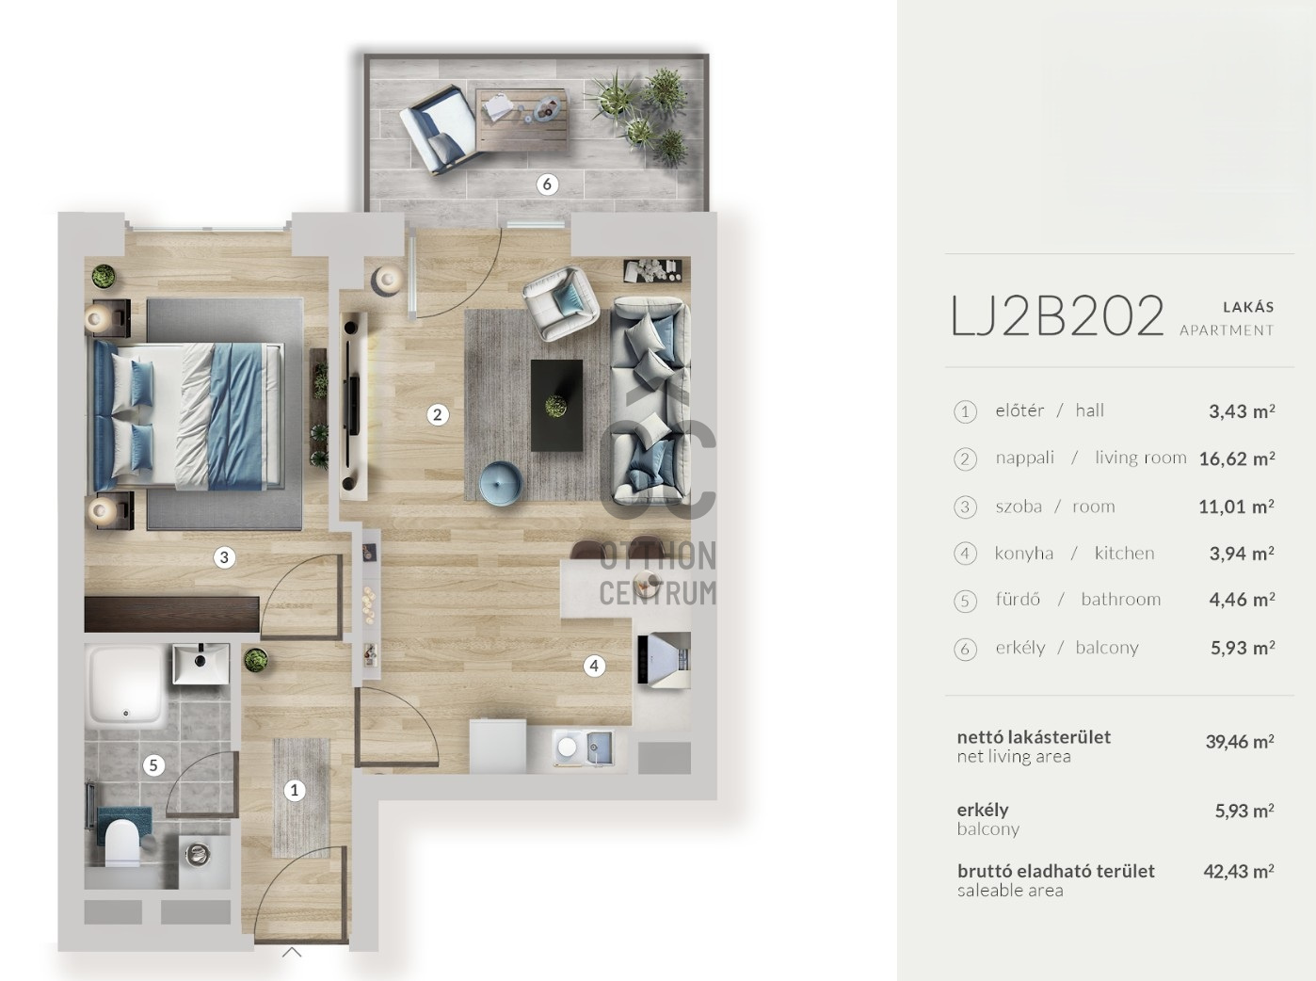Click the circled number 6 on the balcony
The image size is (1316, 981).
pos(547,185)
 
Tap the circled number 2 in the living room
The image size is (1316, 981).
pos(437,414)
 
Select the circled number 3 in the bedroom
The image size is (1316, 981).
pos(224,557)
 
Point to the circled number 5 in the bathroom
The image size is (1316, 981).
pos(154,765)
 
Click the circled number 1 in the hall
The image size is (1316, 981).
pos(294,790)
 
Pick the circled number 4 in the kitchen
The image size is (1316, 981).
pos(594,666)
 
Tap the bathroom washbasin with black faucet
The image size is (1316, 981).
pos(201,663)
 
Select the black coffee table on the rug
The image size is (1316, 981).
pos(557,406)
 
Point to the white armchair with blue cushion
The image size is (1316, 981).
pos(561,303)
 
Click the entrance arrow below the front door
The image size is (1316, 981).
pos(292,952)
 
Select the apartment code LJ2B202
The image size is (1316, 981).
pos(1057,315)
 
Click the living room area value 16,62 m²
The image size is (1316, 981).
pos(1237,458)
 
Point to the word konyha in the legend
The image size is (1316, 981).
pos(1023,553)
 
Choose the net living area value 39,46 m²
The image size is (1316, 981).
pos(1240,742)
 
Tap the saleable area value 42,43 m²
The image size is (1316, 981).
pos(1239,871)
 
